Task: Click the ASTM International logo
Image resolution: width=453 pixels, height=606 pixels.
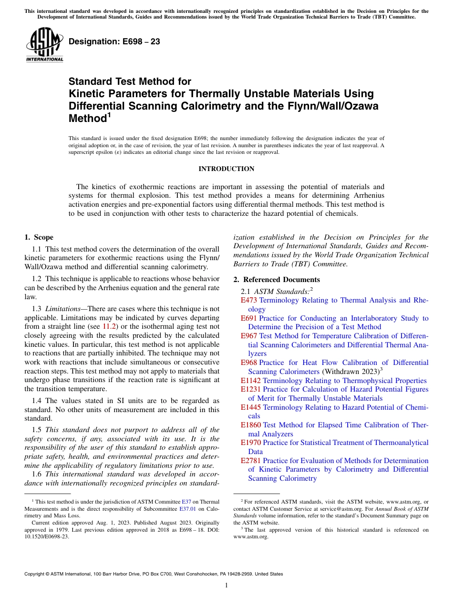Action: (44, 45)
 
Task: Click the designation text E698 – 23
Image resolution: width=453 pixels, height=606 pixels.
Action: (114, 42)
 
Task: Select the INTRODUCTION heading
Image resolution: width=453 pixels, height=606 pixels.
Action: (226, 169)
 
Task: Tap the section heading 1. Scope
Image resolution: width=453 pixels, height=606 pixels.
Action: (39, 237)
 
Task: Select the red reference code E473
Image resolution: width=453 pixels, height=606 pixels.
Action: (249, 301)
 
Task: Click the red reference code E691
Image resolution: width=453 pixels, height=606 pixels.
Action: (249, 318)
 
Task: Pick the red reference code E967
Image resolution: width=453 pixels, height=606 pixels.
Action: (249, 336)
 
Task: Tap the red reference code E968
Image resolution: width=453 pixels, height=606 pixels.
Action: (249, 363)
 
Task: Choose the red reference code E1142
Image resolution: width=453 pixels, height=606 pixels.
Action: (251, 381)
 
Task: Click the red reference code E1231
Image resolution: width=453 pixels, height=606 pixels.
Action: (251, 389)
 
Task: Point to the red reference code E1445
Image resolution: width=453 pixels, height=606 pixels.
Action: (251, 407)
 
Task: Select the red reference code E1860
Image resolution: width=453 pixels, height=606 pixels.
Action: (251, 425)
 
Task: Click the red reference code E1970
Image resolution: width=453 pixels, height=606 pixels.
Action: (251, 443)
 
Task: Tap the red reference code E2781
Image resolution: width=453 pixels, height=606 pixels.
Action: (251, 461)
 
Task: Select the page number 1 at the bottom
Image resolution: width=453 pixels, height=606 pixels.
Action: (226, 585)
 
